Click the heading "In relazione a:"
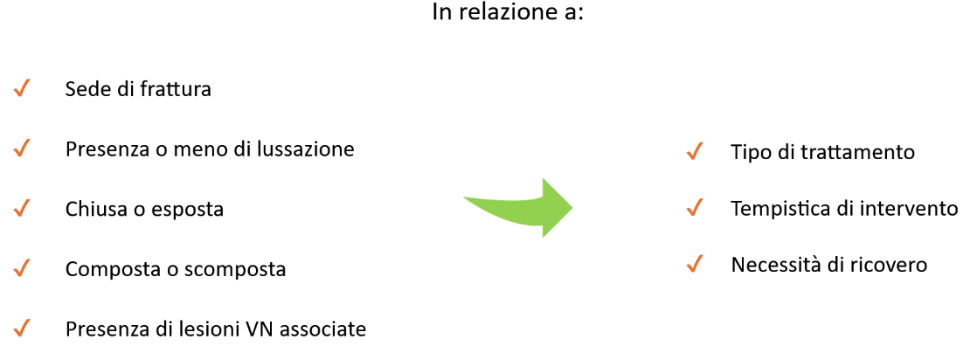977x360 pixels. coord(509,13)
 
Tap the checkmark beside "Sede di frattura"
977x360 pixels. coord(21,88)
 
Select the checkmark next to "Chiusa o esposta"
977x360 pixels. coord(21,209)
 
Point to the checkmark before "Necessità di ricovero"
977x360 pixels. coord(694,264)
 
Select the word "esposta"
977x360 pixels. coord(188,210)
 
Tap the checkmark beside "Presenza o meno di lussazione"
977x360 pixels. coord(21,149)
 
